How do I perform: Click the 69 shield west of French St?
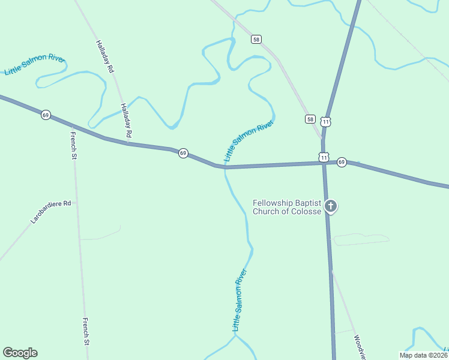point(46,115)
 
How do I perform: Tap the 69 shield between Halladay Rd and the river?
point(183,154)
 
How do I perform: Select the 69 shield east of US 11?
point(342,162)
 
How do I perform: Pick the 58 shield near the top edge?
point(256,40)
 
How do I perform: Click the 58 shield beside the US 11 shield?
point(310,119)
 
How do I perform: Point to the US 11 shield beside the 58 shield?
point(325,121)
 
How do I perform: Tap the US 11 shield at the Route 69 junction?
point(324,157)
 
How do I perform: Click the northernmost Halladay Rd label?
point(104,56)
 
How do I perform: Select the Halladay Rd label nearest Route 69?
point(125,122)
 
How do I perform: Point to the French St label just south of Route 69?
point(74,145)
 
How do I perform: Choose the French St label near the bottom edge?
point(86,332)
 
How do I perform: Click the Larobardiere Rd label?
point(51,212)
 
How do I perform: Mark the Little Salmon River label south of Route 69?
point(240,300)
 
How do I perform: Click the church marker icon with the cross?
point(330,206)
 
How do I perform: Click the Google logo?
point(20,353)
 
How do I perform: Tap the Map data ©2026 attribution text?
point(423,355)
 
